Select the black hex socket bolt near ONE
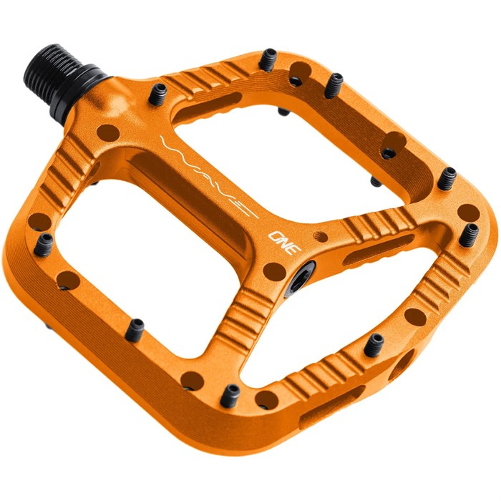(300, 278)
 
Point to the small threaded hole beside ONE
(321, 236)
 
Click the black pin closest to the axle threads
(158, 94)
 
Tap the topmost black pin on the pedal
(268, 60)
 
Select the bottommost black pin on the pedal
(230, 396)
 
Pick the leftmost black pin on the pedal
(44, 245)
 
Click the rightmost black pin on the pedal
(469, 235)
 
